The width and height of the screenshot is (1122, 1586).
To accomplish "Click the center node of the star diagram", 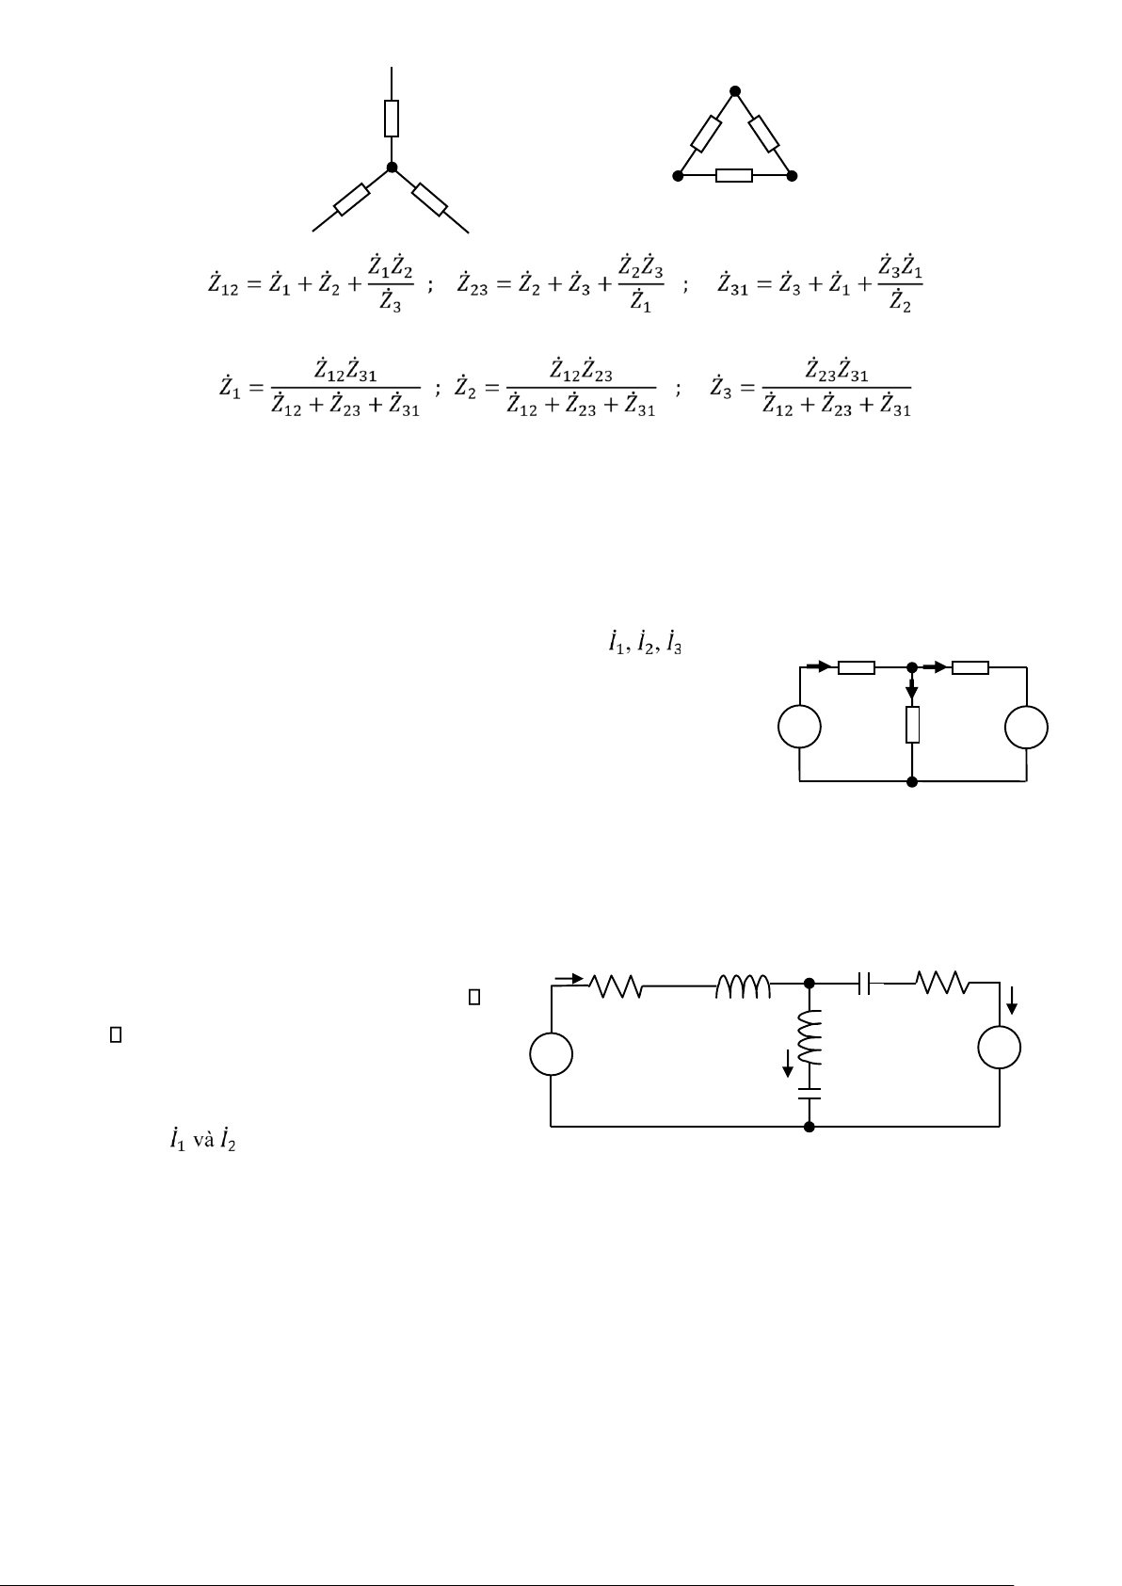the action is click(x=392, y=168).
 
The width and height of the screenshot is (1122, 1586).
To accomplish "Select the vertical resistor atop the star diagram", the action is click(x=392, y=119).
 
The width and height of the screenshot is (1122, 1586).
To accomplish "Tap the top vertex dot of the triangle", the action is click(x=735, y=91).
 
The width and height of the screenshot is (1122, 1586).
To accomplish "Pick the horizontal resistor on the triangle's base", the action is click(x=734, y=176).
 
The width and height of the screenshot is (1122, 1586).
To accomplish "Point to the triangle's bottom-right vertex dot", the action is click(x=793, y=176).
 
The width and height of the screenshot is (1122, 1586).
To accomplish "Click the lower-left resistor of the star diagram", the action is click(x=352, y=199).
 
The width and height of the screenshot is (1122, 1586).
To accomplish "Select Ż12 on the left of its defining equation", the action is click(x=223, y=284).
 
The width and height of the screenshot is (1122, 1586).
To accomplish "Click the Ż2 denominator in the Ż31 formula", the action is click(x=900, y=302).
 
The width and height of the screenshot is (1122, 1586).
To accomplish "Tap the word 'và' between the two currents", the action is click(x=204, y=1142).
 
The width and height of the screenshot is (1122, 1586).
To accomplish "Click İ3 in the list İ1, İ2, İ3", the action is click(x=674, y=642).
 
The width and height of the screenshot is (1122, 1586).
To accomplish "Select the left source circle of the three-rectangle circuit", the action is click(x=799, y=727).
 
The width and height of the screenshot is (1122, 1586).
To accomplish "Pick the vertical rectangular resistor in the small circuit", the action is click(x=912, y=725).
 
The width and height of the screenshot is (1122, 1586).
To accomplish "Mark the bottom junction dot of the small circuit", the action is click(x=912, y=781).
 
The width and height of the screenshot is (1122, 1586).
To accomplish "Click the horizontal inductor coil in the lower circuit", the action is click(x=743, y=986).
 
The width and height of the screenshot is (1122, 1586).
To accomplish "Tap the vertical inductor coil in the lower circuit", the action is click(x=809, y=1038).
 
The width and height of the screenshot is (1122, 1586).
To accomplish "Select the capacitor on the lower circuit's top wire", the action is click(x=864, y=984).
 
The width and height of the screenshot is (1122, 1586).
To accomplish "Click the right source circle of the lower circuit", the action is click(x=1000, y=1048).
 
